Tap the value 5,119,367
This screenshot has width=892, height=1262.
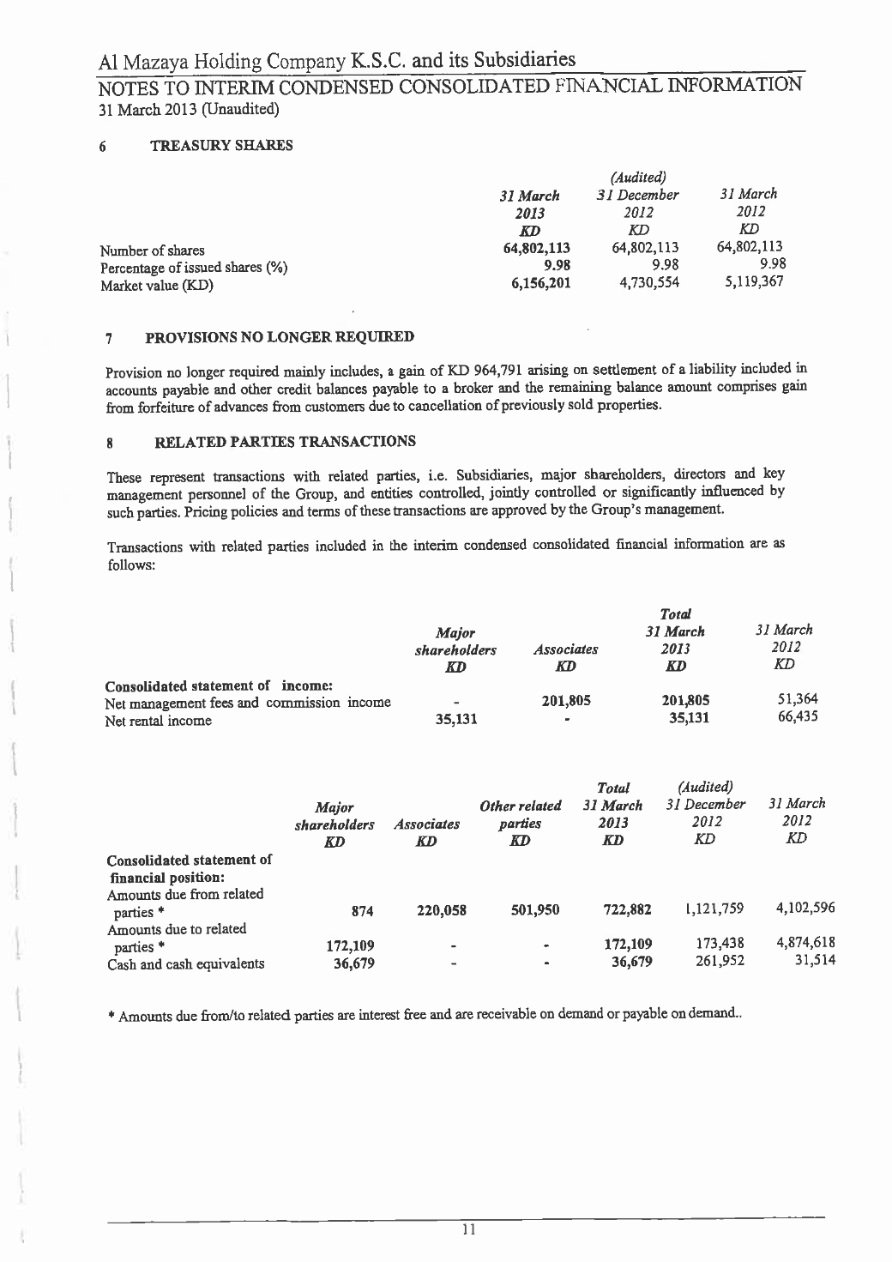pos(750,281)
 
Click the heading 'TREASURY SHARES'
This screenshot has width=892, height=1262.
pos(221,146)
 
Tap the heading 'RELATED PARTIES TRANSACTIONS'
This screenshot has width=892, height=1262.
pos(285,442)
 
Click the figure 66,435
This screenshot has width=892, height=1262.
pos(794,717)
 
